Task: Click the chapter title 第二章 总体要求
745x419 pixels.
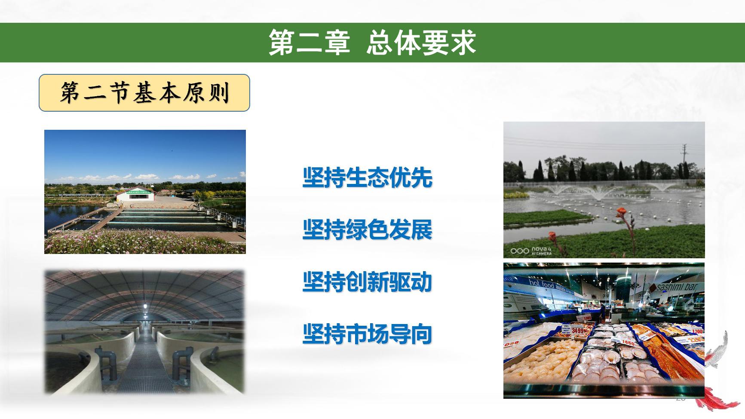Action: click(372, 43)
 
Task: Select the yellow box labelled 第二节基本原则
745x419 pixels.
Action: click(144, 93)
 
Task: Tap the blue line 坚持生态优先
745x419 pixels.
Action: click(367, 177)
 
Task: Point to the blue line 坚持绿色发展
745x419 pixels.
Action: click(367, 229)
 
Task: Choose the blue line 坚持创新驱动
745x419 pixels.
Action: click(367, 282)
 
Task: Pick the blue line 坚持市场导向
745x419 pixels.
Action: click(367, 334)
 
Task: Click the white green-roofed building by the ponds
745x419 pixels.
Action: click(136, 196)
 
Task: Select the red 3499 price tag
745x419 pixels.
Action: click(578, 331)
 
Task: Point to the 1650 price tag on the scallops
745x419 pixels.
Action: click(627, 343)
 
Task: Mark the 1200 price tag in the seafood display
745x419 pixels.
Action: click(697, 332)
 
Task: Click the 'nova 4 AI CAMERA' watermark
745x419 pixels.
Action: click(532, 251)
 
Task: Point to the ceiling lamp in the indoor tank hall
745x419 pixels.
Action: click(145, 306)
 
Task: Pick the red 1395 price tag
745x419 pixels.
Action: click(587, 318)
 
